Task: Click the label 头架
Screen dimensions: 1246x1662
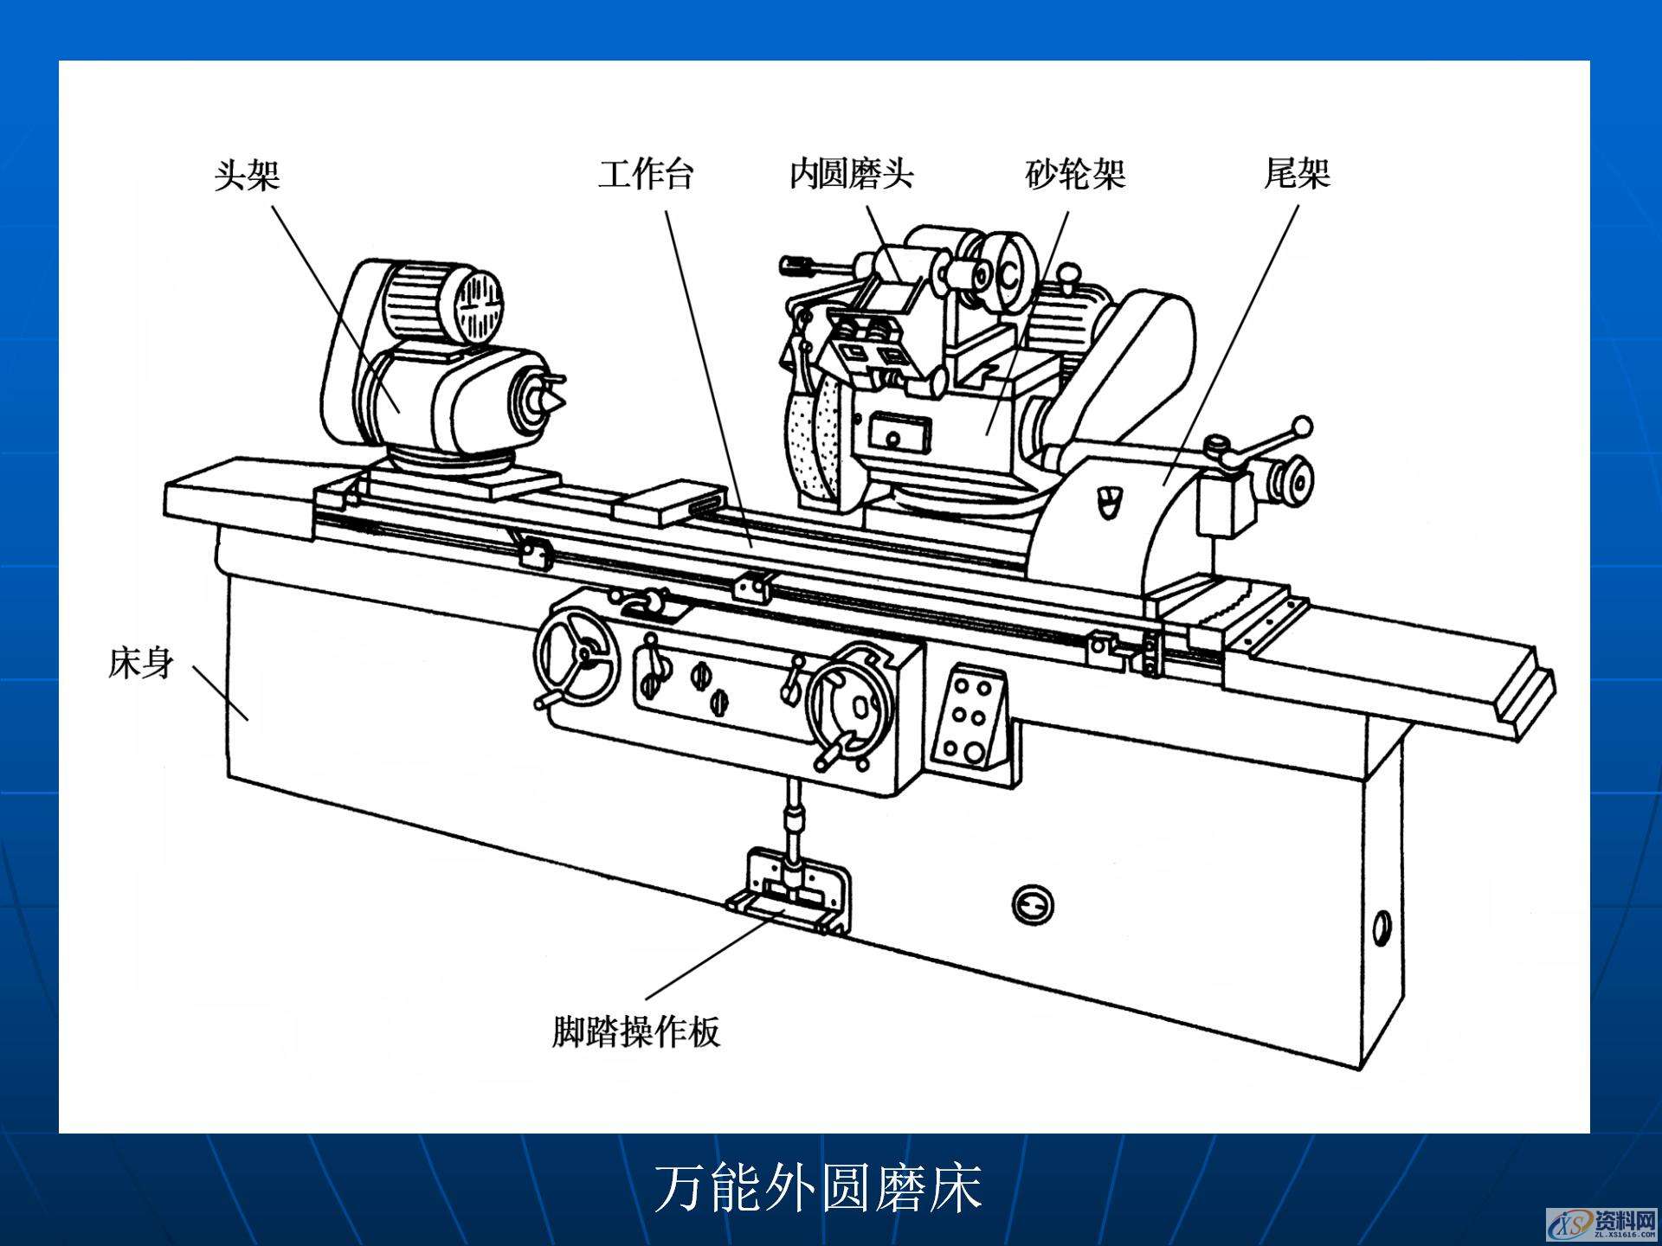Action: (x=248, y=175)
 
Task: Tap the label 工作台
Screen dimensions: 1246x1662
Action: (x=646, y=174)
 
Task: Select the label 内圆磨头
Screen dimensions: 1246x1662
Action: (x=851, y=174)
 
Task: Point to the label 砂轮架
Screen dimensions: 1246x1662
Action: (x=1075, y=174)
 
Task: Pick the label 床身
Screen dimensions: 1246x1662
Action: (x=140, y=664)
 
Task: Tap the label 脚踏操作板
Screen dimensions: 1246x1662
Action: (x=636, y=1031)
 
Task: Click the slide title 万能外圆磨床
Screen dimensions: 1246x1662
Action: (x=818, y=1188)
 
